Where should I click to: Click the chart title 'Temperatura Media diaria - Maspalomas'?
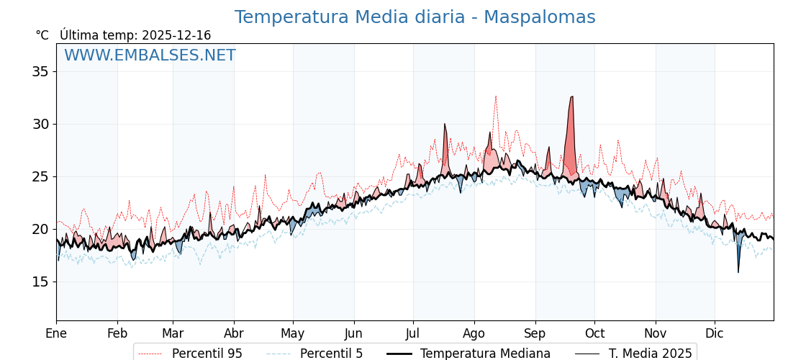415,17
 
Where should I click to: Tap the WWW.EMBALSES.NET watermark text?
150,55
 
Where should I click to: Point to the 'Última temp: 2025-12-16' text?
135,35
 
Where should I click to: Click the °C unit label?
42,35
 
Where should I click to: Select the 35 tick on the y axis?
40,71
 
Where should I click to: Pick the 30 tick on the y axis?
40,124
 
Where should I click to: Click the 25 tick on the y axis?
40,176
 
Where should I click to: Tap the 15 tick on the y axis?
40,282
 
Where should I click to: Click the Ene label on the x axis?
56,333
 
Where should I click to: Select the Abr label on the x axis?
234,333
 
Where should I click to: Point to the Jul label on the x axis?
413,333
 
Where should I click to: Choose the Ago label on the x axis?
474,333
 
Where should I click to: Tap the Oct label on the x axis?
594,333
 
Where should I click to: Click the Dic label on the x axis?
715,333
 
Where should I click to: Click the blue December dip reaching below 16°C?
738,268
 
